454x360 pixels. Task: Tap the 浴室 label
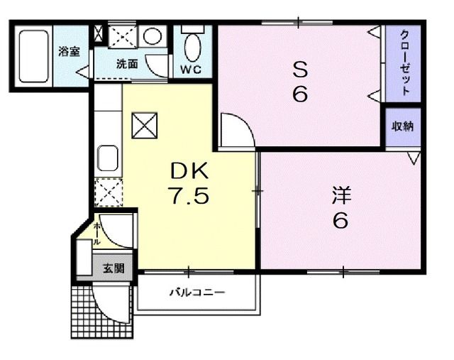69,51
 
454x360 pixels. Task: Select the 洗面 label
128,64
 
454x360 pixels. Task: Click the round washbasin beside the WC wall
152,36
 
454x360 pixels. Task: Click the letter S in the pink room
299,70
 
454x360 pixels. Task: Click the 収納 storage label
403,126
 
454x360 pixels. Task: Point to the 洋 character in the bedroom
341,194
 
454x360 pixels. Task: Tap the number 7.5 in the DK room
189,195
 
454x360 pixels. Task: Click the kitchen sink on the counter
108,157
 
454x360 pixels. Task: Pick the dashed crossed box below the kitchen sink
108,191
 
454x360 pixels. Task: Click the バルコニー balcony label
196,292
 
